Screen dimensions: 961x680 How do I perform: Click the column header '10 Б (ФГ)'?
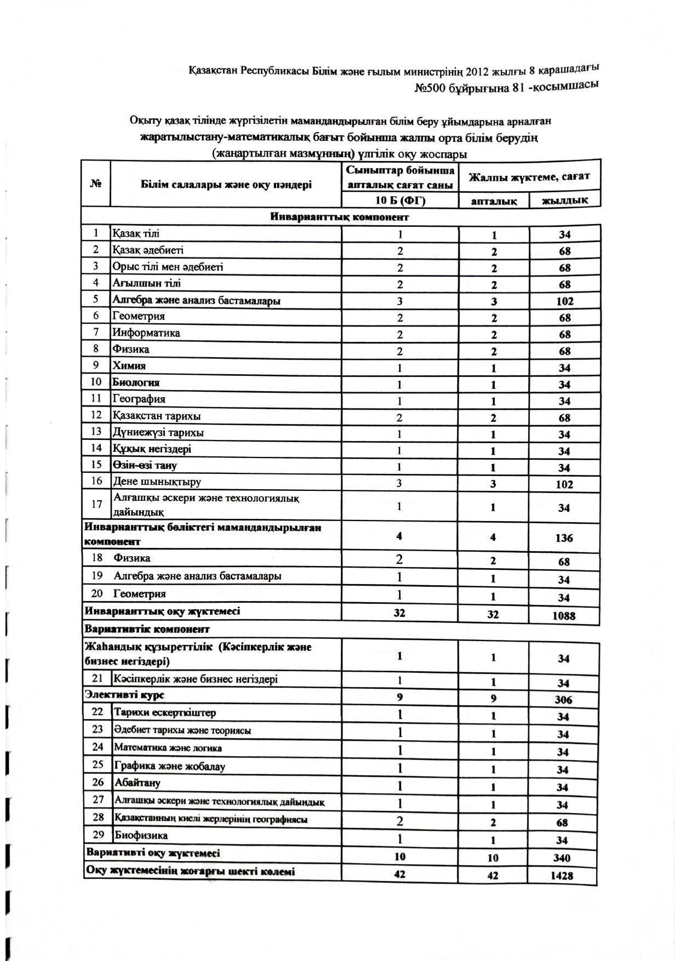[x=400, y=201]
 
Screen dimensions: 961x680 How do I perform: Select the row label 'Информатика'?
[x=146, y=333]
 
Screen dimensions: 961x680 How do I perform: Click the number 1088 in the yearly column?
[x=564, y=615]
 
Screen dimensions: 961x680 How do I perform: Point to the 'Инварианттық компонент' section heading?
[x=340, y=217]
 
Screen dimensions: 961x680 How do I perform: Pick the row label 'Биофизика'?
[x=141, y=836]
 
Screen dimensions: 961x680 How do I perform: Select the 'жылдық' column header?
[x=564, y=201]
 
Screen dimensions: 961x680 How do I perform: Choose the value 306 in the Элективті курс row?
[x=563, y=700]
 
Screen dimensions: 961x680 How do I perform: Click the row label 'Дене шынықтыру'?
[x=157, y=482]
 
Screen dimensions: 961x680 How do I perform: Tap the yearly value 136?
[x=564, y=538]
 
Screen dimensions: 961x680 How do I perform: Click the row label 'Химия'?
[x=129, y=366]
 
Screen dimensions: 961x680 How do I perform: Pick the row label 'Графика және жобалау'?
[x=169, y=766]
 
